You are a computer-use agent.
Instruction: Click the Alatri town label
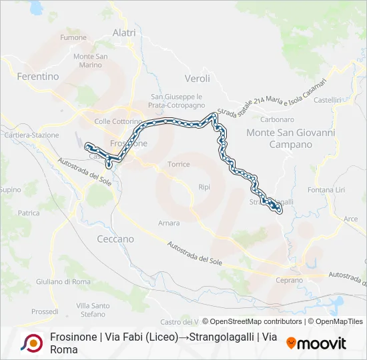click(124, 33)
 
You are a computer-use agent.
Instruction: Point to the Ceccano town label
click(115, 239)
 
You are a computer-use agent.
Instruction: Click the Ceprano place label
click(289, 281)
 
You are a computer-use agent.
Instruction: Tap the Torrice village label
click(179, 164)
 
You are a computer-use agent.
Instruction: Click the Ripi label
click(204, 187)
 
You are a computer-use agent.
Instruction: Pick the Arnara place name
click(169, 223)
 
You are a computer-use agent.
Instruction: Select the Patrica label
click(29, 213)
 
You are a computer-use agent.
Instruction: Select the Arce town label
click(350, 219)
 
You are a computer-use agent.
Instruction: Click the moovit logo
click(316, 343)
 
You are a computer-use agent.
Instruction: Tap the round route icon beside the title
click(31, 343)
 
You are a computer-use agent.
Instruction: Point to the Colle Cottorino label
click(118, 122)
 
